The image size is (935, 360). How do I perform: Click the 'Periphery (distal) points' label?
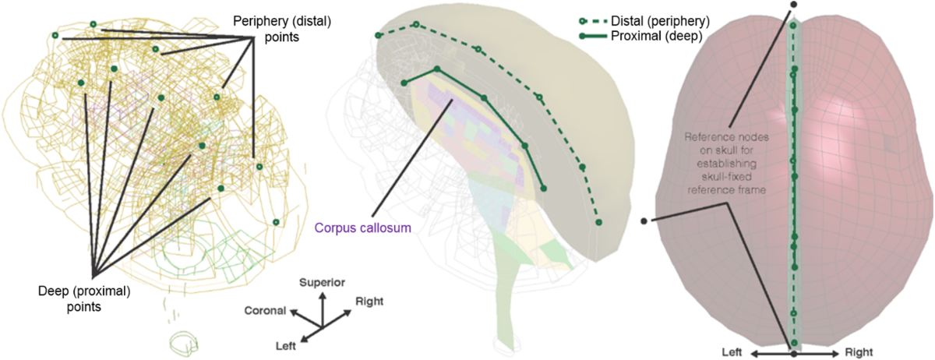coord(283,29)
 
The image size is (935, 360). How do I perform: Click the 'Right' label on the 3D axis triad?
coord(369,300)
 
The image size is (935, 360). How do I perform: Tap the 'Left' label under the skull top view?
coord(733,352)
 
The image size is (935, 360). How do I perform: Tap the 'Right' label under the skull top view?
coord(863,352)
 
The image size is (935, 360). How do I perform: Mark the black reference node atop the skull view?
coord(793,4)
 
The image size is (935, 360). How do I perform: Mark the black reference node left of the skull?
coord(644,221)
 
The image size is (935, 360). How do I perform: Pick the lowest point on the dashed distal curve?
coord(599,223)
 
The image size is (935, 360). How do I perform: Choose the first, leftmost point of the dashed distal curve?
coord(378,35)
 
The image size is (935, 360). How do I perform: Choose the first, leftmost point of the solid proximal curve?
coord(404,83)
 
